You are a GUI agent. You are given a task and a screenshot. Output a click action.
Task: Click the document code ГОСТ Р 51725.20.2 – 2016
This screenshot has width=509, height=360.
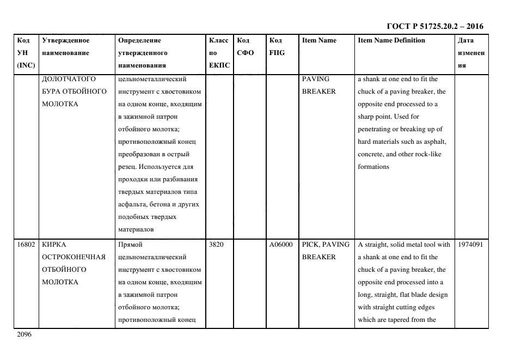[434, 26]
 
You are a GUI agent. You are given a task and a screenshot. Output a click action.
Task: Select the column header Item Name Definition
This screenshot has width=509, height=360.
[391, 40]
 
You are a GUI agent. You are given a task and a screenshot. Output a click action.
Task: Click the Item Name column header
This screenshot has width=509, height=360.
[319, 40]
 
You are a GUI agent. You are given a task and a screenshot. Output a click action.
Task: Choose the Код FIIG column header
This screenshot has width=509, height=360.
[277, 46]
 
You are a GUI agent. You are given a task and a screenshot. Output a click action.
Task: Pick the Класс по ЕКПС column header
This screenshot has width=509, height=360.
[219, 53]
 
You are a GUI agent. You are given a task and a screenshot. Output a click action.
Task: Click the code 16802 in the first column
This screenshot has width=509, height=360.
[26, 245]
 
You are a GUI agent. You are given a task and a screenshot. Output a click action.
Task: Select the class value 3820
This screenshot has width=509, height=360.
[216, 245]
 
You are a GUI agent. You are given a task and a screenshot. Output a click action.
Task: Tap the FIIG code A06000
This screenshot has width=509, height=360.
[281, 245]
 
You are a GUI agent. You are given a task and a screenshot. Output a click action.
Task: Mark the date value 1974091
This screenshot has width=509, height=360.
[470, 245]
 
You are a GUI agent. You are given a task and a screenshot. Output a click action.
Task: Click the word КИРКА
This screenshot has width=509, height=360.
[54, 245]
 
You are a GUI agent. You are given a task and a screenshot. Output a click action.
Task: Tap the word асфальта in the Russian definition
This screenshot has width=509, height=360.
[133, 204]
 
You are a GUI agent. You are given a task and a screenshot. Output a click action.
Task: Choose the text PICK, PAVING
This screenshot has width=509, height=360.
[326, 245]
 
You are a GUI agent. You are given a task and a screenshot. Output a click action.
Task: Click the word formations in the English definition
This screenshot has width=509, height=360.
[373, 167]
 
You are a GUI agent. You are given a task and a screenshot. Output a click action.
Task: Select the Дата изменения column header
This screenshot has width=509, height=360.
[471, 53]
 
